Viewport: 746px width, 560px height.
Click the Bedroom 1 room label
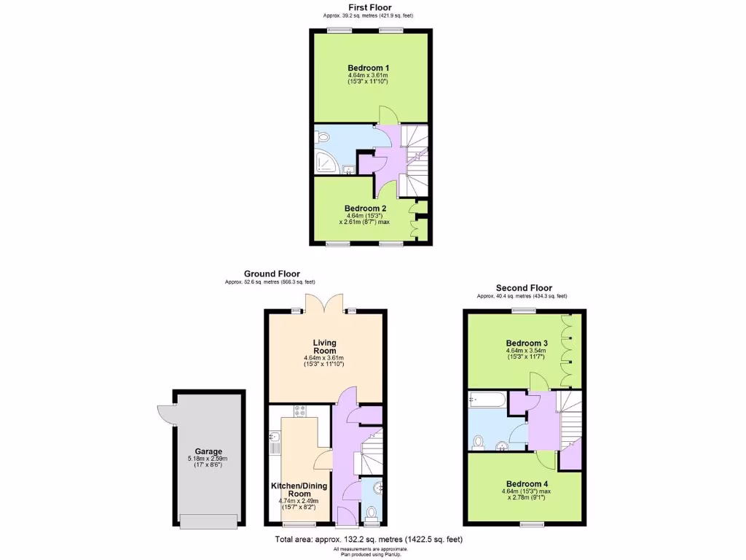click(367, 68)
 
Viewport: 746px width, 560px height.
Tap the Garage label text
click(208, 451)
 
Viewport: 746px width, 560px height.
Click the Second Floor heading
click(524, 288)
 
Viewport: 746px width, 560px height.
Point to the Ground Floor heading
click(272, 274)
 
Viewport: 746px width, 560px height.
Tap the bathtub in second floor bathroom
click(487, 400)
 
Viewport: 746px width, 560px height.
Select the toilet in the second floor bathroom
click(479, 441)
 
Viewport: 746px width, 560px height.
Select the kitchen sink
click(274, 439)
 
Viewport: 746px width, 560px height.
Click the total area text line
click(368, 540)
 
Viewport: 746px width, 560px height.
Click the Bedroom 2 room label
click(365, 208)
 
